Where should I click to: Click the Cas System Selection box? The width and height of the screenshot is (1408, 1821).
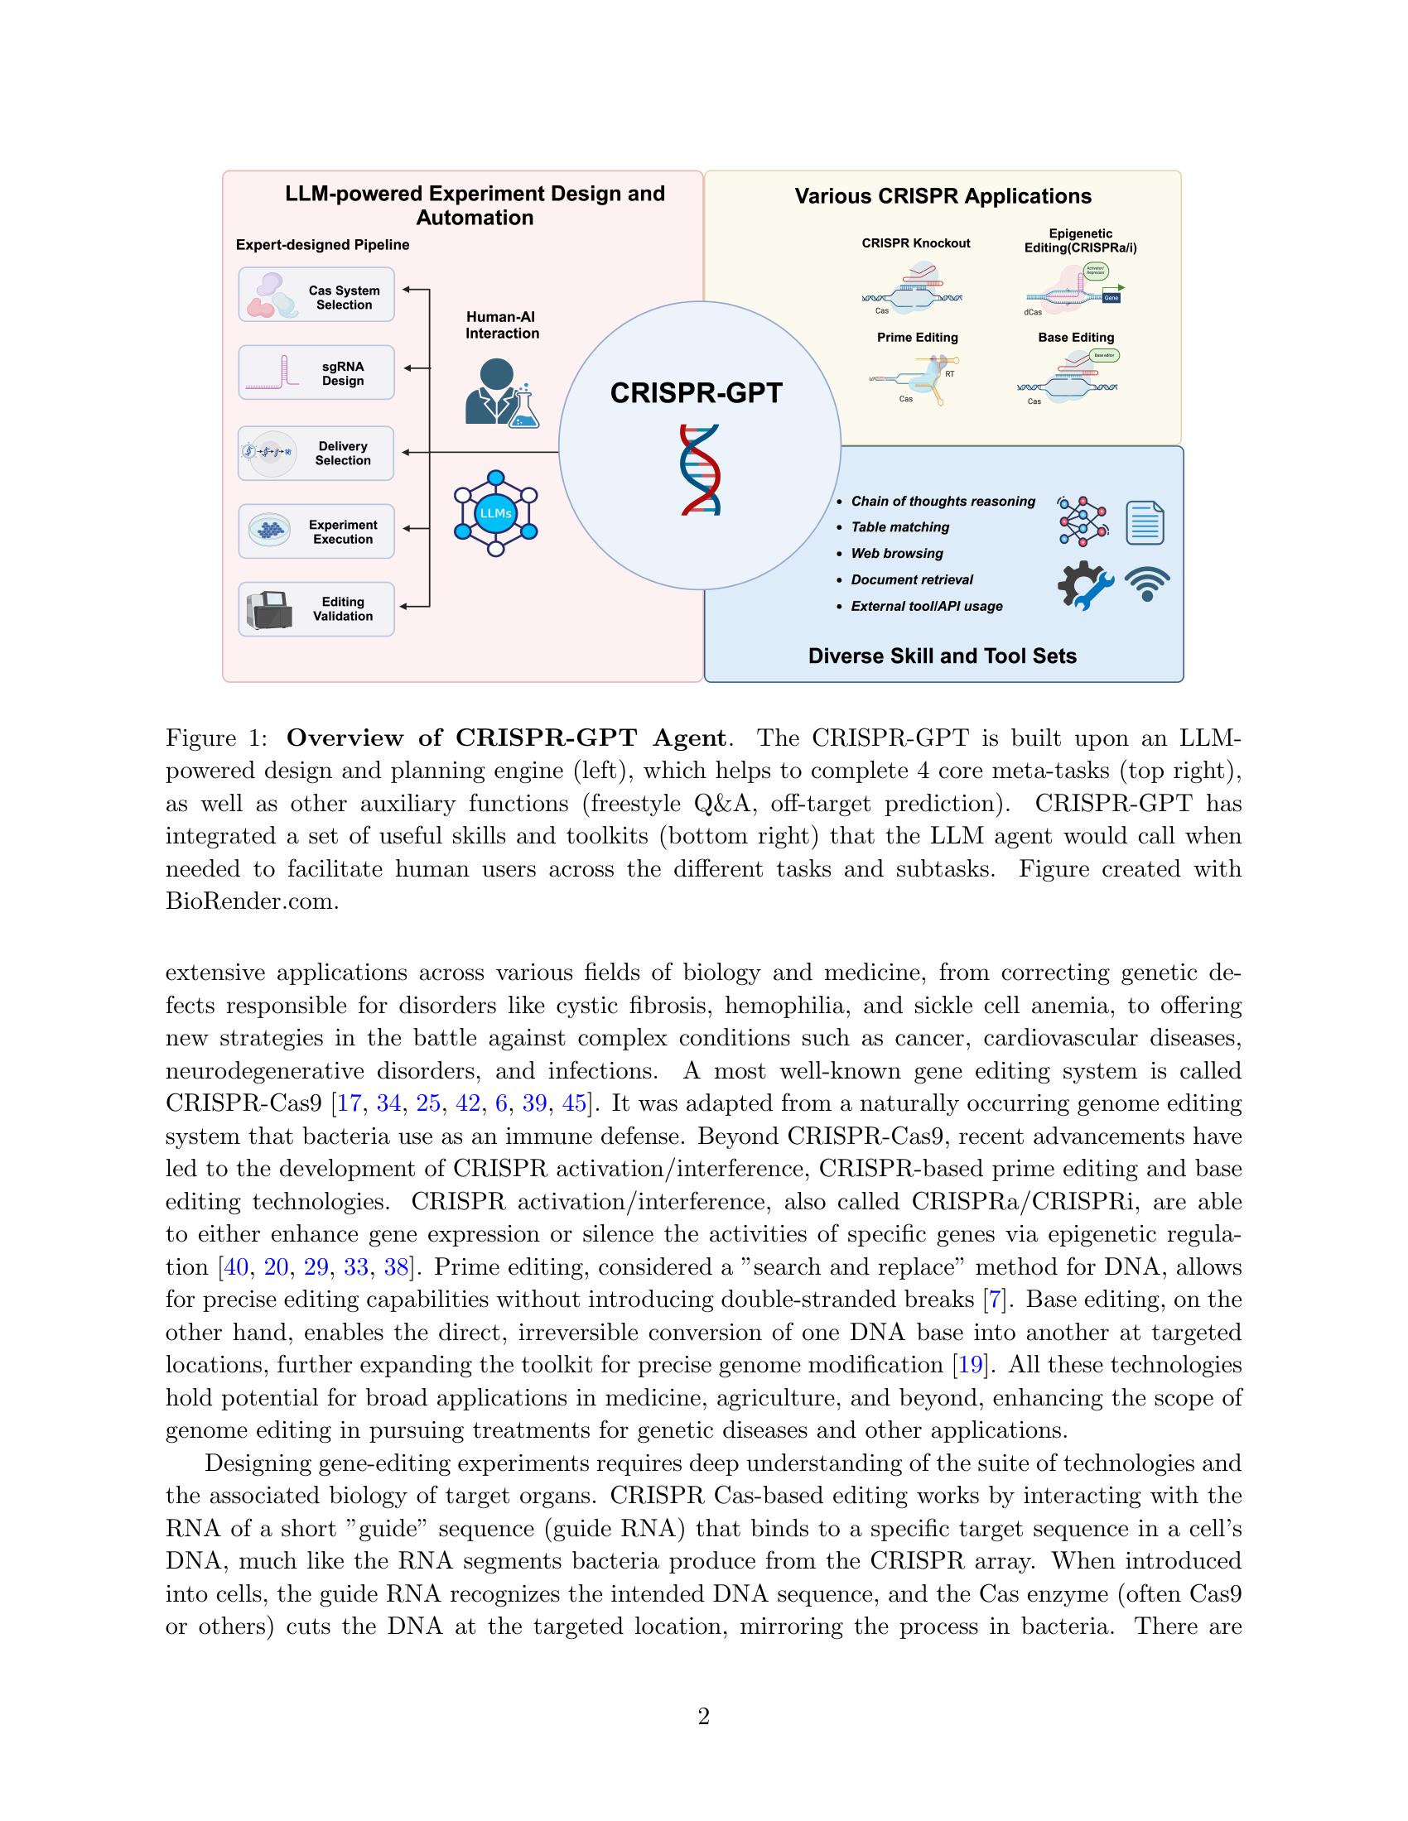(316, 295)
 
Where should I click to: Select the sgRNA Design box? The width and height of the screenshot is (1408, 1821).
(316, 372)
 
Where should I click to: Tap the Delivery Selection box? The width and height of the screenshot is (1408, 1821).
(316, 453)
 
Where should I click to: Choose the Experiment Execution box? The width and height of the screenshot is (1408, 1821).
(316, 531)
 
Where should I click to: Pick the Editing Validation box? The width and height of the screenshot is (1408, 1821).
(316, 608)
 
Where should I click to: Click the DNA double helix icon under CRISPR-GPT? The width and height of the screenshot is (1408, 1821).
(700, 469)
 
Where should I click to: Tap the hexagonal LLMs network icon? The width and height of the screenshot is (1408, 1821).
(495, 514)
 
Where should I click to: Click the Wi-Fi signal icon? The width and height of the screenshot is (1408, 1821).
(1147, 584)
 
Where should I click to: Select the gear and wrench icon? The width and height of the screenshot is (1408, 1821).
(1084, 584)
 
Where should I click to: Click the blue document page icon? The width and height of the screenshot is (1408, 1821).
(1145, 523)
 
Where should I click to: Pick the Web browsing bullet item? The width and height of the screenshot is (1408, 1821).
(897, 553)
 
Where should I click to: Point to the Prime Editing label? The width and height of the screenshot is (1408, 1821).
(918, 337)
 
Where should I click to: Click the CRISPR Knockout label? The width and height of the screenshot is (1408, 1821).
(916, 243)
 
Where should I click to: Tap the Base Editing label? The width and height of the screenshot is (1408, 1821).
(1076, 337)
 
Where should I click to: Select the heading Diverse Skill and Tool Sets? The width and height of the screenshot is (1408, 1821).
(942, 656)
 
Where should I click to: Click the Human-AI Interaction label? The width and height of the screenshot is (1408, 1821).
(502, 324)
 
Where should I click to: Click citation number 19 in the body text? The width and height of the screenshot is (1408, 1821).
(969, 1365)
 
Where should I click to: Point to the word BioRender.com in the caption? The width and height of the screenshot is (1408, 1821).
(252, 901)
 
